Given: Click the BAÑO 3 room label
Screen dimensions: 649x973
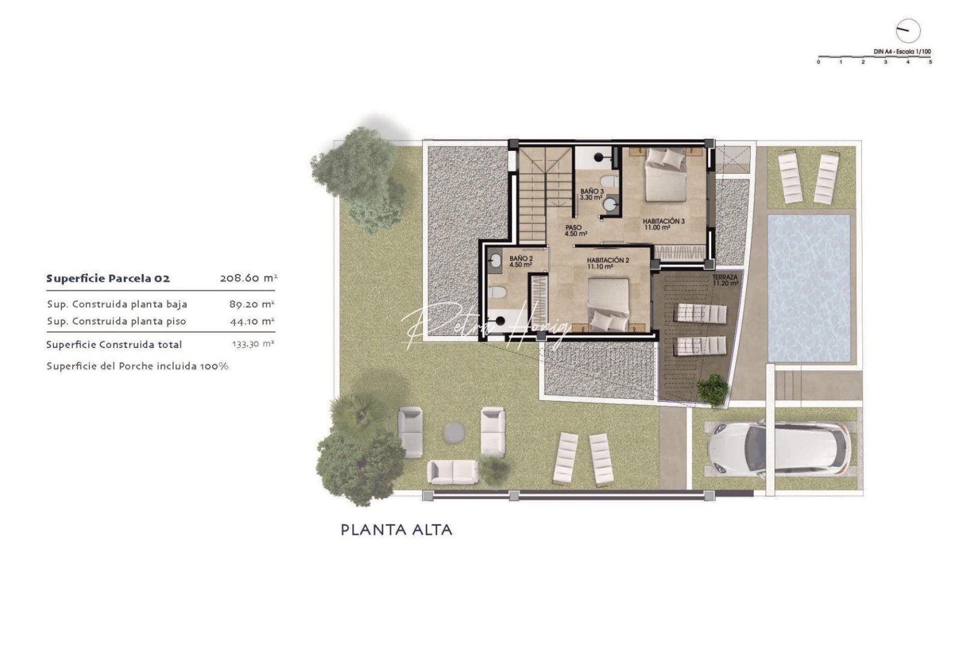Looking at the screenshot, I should coord(592,194).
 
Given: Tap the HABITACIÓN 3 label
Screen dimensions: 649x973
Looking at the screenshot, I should coord(663,224).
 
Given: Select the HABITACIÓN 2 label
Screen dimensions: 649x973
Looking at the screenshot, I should coord(608,263).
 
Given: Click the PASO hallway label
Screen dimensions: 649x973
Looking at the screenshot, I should coord(575,231).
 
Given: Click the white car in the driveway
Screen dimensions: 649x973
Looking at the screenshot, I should coord(779,448).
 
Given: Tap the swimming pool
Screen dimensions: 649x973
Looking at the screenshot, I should coord(810,288).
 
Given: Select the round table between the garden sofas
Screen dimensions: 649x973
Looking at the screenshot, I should coord(454,431).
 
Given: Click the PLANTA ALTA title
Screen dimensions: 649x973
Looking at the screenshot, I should coord(396,530).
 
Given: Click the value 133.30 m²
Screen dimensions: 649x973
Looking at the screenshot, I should coord(253,344).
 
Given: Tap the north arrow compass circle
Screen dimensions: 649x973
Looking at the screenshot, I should coord(908,31).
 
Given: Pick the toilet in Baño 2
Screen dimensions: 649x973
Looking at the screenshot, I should coord(498,293).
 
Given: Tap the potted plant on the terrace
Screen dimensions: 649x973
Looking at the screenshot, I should coord(712,389).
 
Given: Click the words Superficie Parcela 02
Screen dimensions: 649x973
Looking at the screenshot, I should coord(108,278).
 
